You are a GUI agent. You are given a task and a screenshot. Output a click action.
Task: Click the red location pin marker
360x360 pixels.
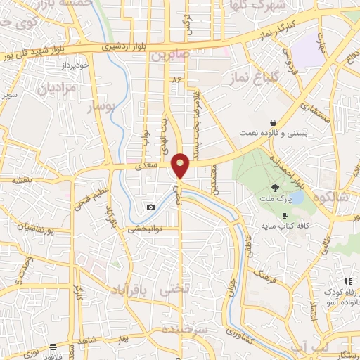coord(181,165)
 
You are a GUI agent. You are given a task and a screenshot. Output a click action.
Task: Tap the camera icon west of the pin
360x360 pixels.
coord(150,207)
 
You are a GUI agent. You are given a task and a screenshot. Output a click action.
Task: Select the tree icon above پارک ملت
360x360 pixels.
coord(276,188)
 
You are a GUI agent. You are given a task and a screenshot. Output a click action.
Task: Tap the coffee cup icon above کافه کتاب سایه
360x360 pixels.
coord(284,215)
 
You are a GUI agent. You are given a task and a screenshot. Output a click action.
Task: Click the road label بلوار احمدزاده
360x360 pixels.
coord(300,169)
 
